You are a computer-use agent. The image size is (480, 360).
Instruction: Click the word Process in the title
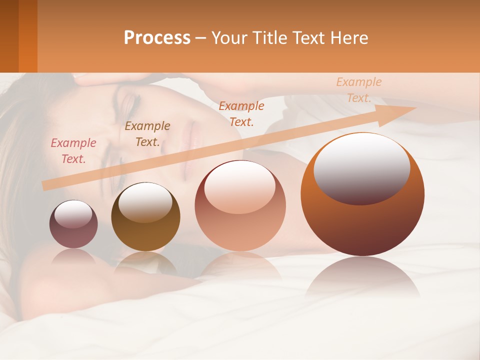tap(157, 38)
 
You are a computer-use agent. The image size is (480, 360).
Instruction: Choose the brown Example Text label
tap(147, 134)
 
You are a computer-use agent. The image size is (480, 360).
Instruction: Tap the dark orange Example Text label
tap(241, 114)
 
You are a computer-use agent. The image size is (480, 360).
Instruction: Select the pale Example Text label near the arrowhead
tap(359, 90)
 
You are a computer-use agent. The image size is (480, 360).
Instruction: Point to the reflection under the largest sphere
tap(362, 277)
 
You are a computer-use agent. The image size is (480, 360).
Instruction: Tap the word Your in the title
tap(228, 38)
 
